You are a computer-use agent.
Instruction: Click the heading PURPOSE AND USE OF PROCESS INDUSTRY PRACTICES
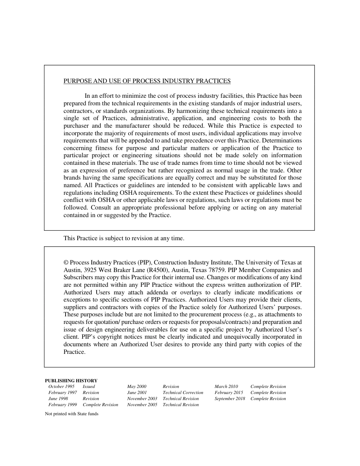tap(147, 81)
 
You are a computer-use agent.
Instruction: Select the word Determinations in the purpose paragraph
tap(282, 141)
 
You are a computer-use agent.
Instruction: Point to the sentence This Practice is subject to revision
tap(124, 238)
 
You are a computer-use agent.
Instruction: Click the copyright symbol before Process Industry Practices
tap(66, 263)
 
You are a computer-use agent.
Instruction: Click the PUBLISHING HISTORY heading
tap(71, 381)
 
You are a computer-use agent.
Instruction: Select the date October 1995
tap(61, 386)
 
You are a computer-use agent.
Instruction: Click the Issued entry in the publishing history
tap(89, 386)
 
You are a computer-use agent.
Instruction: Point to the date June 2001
tap(137, 393)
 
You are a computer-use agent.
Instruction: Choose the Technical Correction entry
tap(183, 393)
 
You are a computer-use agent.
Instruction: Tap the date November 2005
tap(142, 405)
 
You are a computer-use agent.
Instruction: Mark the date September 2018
tap(230, 399)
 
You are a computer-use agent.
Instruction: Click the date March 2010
tap(226, 386)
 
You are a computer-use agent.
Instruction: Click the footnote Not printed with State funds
tap(72, 414)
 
